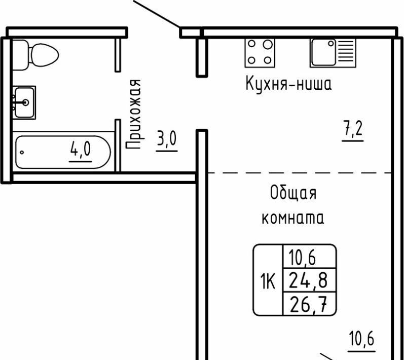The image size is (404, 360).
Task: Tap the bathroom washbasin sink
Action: click(24, 102)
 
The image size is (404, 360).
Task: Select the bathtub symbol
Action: click(63, 152)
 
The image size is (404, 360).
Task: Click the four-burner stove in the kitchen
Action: click(260, 53)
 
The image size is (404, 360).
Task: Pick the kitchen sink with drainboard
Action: click(333, 53)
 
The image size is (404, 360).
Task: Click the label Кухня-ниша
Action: click(288, 84)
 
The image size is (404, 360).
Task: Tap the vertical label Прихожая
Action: click(134, 115)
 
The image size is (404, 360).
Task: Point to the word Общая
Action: click(293, 193)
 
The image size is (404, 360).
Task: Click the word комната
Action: click(293, 219)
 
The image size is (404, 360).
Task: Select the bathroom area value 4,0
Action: click(81, 150)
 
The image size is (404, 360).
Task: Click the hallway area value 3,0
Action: click(167, 139)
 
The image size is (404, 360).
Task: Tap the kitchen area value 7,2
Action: click(353, 130)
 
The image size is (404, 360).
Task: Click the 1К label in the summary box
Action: click(268, 281)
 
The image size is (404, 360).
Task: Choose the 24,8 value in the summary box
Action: click(308, 280)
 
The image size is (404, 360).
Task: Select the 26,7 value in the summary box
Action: click(308, 304)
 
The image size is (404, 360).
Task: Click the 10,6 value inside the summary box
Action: click(302, 258)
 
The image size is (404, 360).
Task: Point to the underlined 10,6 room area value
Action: click(361, 339)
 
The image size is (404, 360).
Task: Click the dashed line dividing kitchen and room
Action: click(300, 173)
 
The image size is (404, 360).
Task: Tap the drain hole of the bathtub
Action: click(22, 152)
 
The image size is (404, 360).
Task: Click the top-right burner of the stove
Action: click(268, 45)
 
